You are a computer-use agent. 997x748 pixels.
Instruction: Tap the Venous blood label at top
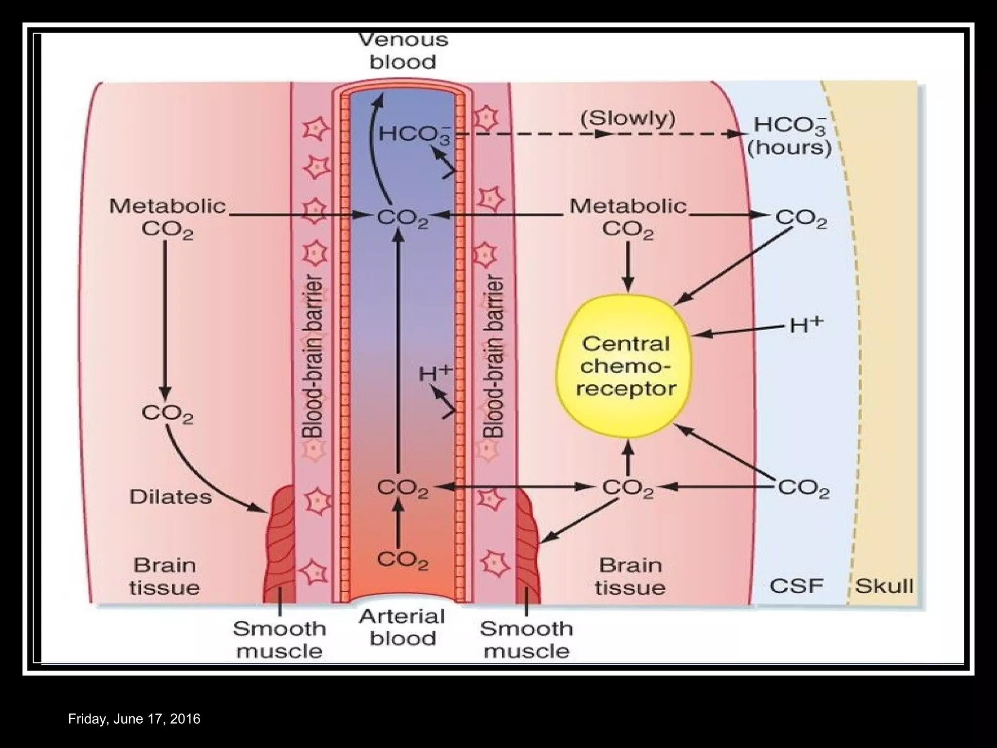(x=403, y=51)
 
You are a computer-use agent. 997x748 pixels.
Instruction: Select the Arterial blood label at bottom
(x=402, y=627)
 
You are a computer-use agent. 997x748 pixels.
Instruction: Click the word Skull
(x=884, y=586)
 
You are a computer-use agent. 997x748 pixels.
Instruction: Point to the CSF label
(x=796, y=586)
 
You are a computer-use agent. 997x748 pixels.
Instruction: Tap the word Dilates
(x=170, y=497)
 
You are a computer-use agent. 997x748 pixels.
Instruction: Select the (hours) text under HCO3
(x=789, y=148)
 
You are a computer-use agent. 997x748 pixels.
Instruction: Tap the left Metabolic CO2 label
(x=167, y=218)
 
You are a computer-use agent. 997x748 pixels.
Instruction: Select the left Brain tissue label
(x=164, y=577)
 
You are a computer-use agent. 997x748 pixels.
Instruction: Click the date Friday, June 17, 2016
(x=134, y=719)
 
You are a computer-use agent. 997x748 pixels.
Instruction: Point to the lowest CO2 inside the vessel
(x=403, y=560)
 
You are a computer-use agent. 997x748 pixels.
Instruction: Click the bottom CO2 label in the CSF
(x=803, y=488)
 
